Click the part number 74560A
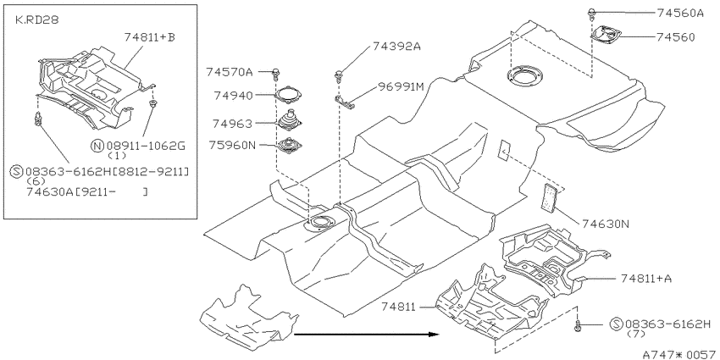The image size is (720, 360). coord(680,13)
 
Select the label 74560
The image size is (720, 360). coord(675,36)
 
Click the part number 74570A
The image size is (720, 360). coord(230,72)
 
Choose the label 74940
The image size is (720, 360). coord(233,96)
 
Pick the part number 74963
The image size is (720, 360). coord(232,124)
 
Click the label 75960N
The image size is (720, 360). coord(232,145)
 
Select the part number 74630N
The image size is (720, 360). coord(605,224)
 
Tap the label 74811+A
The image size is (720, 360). coord(645,279)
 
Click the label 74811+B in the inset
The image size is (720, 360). coord(150,37)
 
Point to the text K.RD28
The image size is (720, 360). coord(36,20)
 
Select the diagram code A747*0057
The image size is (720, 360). coord(678,354)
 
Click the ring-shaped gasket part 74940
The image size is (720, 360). coord(290,94)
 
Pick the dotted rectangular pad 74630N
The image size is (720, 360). coord(550,197)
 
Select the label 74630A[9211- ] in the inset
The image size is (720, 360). coord(87,192)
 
